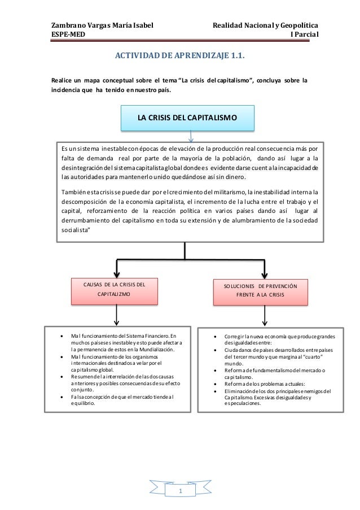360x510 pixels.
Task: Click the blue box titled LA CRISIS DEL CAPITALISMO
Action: [x=187, y=117]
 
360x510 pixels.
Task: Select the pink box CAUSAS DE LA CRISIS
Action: [x=116, y=289]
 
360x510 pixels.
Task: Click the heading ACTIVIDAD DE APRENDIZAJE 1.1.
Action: [x=180, y=56]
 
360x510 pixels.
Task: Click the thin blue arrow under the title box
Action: [x=191, y=136]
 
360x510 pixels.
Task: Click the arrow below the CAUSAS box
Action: [x=116, y=313]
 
